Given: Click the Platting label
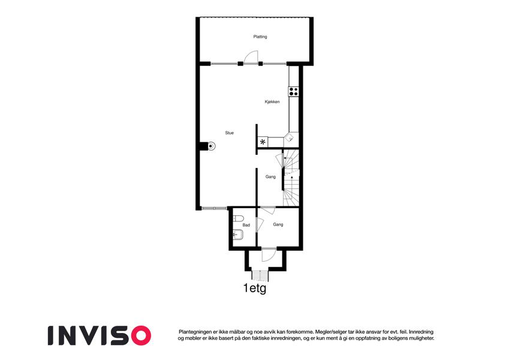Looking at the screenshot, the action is coord(260,37).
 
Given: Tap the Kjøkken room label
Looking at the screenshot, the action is coord(272,101).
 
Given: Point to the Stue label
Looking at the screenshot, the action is coord(230,133).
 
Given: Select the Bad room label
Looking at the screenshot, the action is coord(246,225).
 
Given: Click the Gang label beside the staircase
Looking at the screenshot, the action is coord(270,177).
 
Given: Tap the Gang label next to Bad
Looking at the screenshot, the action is coord(278,224).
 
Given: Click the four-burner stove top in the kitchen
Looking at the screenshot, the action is coord(293,91).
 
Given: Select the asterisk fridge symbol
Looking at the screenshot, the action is coord(263,142).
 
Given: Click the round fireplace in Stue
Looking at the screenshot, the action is coord(210,146).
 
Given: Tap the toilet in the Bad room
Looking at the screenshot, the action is coord(238,218).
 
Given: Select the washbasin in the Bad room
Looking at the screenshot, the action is coord(238,233).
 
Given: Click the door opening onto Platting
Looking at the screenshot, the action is coord(251,57).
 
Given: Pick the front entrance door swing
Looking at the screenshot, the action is coord(269,254).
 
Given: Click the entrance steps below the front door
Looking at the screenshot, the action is coord(260,276).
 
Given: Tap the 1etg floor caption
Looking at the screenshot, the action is coord(255,288).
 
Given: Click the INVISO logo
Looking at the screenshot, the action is coord(100,335).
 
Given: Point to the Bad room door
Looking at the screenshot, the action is coord(259,224).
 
